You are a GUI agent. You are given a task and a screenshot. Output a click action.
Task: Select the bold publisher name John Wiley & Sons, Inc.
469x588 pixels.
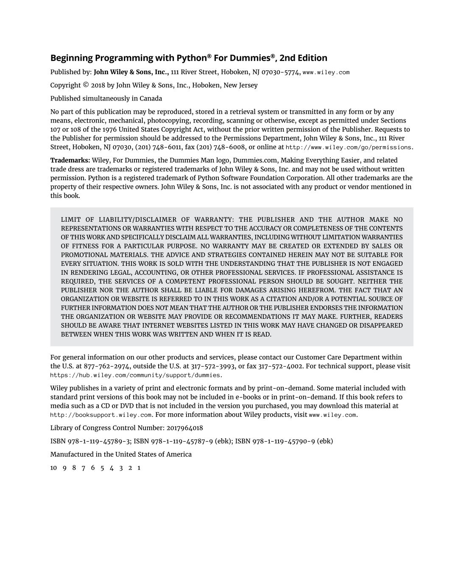(x=131, y=72)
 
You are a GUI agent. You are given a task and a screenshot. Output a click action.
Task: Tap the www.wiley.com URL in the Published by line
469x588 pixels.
(x=326, y=72)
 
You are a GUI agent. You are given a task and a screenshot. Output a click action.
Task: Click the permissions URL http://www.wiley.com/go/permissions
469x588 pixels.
(x=349, y=148)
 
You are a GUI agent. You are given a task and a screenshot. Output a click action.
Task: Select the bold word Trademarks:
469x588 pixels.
(x=70, y=160)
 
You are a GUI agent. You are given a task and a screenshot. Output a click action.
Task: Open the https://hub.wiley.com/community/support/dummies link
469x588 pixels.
(x=135, y=375)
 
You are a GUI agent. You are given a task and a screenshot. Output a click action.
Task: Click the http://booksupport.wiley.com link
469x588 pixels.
(x=101, y=415)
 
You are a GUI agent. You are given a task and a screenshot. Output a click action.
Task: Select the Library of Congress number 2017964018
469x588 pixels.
(x=184, y=428)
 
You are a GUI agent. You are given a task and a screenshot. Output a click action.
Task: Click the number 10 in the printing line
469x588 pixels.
(x=53, y=468)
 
